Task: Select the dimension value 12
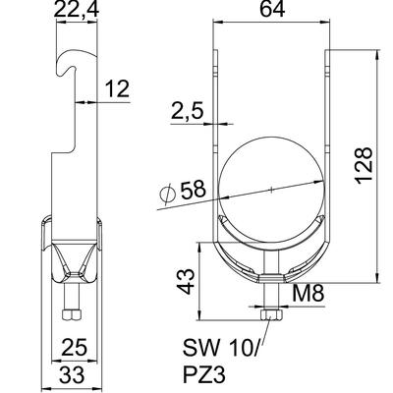click(115, 89)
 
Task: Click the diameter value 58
click(196, 188)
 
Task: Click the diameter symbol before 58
click(166, 195)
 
